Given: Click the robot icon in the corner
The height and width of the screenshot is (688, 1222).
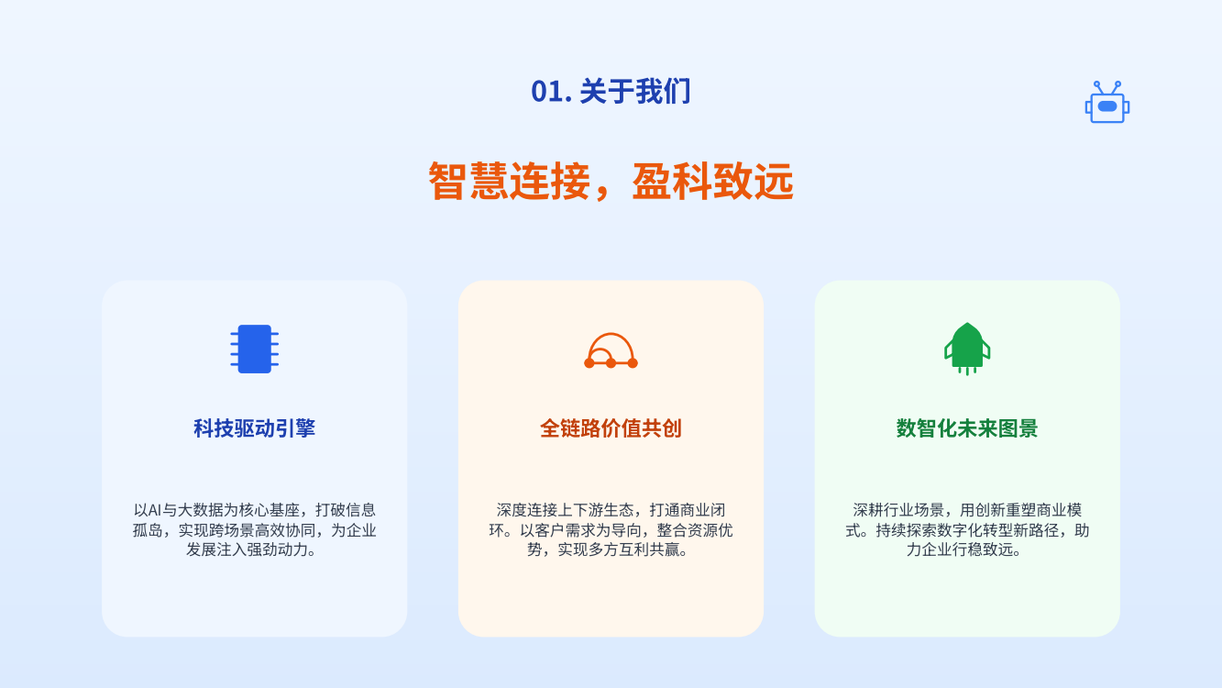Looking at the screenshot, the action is (1106, 102).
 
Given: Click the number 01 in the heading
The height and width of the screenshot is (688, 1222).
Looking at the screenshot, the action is (547, 91).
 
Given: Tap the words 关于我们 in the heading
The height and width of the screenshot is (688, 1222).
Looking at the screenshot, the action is (635, 91).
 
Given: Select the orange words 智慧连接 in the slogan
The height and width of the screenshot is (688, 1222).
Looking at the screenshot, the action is (509, 181).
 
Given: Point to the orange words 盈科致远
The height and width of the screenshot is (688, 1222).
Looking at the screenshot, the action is (712, 181).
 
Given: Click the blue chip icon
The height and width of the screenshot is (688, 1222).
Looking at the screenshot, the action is (254, 349).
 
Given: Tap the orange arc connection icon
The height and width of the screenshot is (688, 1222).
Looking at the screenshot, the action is (611, 350).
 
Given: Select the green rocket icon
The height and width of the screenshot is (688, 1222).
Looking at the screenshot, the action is (967, 349).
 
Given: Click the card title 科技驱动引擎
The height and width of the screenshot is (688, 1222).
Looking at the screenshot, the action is (254, 428).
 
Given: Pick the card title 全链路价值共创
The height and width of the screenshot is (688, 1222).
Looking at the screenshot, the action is (611, 428).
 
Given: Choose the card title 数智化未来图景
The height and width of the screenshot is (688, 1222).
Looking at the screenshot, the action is (967, 428).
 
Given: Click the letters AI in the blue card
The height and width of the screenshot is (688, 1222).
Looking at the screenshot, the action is (154, 510).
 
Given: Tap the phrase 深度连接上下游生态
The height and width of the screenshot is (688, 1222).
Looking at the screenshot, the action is (566, 510).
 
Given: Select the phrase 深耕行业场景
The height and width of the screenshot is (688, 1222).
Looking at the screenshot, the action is (898, 510).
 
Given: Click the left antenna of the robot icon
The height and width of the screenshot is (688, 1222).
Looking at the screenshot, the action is (1099, 87).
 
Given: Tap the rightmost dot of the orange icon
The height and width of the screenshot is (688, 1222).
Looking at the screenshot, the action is (633, 363).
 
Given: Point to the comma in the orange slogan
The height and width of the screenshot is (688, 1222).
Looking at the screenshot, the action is (601, 194).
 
